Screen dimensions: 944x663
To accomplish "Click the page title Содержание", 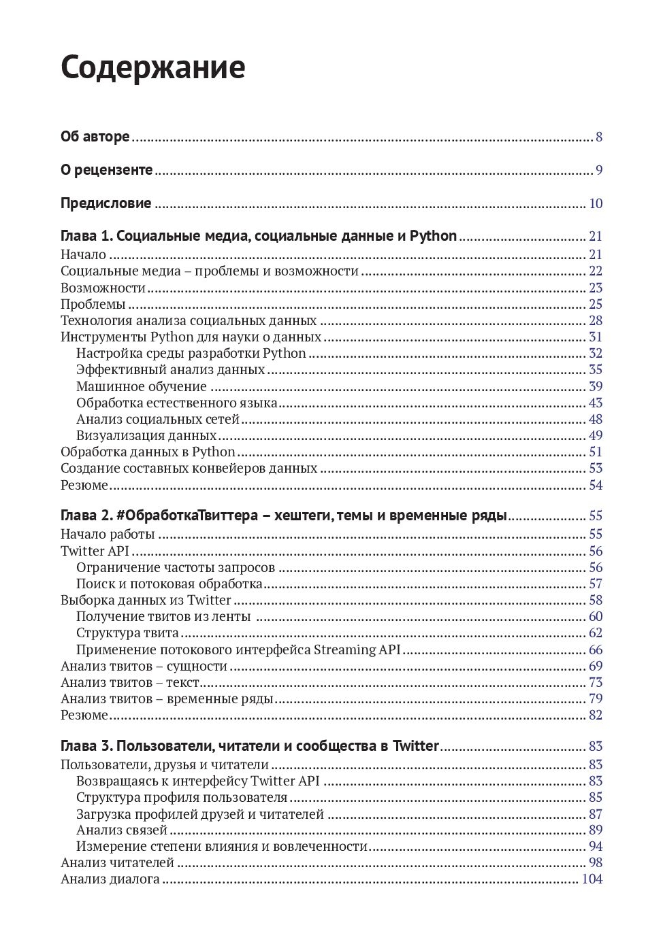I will pyautogui.click(x=152, y=68).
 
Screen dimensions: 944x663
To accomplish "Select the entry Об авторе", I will pyautogui.click(x=95, y=137).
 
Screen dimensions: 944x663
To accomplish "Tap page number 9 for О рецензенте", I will pyautogui.click(x=599, y=170).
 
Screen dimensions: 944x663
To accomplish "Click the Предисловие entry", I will pyautogui.click(x=106, y=203).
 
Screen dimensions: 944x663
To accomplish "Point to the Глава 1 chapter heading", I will pyautogui.click(x=259, y=236).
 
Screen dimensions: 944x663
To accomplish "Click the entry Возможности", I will pyautogui.click(x=103, y=288).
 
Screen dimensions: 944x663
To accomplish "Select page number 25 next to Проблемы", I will pyautogui.click(x=596, y=304).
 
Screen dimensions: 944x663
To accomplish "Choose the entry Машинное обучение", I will pyautogui.click(x=142, y=386).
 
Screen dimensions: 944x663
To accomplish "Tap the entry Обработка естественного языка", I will pyautogui.click(x=176, y=403).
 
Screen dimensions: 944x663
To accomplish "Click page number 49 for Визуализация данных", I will pyautogui.click(x=596, y=435).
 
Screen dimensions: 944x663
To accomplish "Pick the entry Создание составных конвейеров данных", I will pyautogui.click(x=189, y=468).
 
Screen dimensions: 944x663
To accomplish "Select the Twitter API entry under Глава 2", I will pyautogui.click(x=95, y=551).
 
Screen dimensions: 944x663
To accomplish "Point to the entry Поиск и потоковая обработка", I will pyautogui.click(x=169, y=584).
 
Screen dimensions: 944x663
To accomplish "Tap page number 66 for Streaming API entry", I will pyautogui.click(x=596, y=650).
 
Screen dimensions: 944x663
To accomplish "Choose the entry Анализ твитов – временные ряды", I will pyautogui.click(x=167, y=698).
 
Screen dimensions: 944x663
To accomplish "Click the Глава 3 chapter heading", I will pyautogui.click(x=250, y=745).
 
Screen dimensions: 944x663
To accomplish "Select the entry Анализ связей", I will pyautogui.click(x=122, y=830).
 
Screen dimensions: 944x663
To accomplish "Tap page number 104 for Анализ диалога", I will pyautogui.click(x=592, y=879).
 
